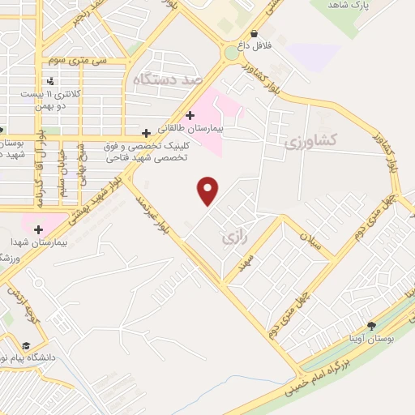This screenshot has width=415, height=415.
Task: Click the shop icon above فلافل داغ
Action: click(255, 34)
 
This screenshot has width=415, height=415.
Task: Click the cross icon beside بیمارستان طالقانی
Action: click(190, 115)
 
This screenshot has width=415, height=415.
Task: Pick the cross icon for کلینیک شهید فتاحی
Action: click(146, 132)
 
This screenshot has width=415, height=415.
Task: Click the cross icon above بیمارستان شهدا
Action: click(38, 229)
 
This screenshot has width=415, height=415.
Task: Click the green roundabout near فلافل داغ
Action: click(233, 52)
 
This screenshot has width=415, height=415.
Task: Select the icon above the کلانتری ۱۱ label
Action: click(51, 81)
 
